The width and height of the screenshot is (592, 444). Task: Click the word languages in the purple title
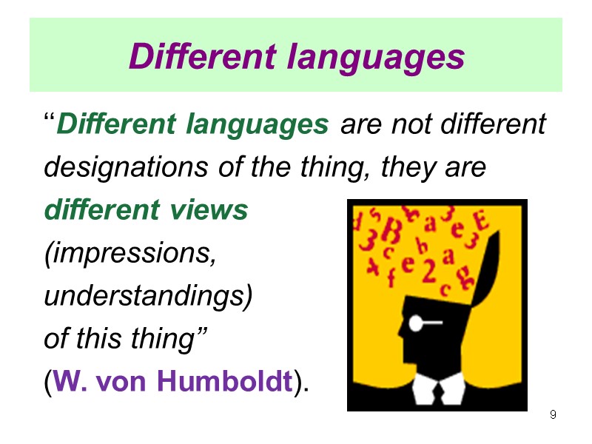tap(378, 57)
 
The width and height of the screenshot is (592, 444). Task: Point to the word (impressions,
tap(131, 254)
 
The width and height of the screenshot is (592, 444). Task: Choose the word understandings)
tap(148, 296)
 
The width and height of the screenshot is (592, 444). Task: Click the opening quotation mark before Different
tap(50, 120)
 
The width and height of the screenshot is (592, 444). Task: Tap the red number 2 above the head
tap(428, 274)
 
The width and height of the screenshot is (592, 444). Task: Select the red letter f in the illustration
tap(390, 277)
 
